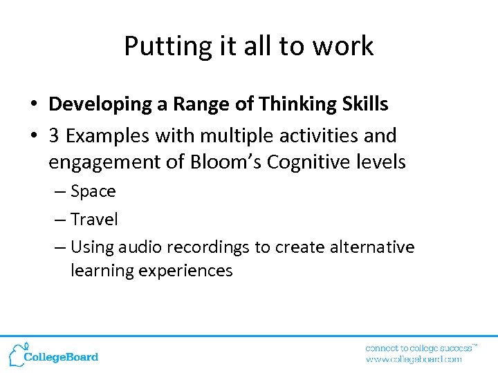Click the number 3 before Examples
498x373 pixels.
tap(54, 135)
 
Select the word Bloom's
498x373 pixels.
tap(228, 162)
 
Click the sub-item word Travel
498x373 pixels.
tap(94, 220)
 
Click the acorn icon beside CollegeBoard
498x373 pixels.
tap(17, 354)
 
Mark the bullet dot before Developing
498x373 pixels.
tap(33, 105)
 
